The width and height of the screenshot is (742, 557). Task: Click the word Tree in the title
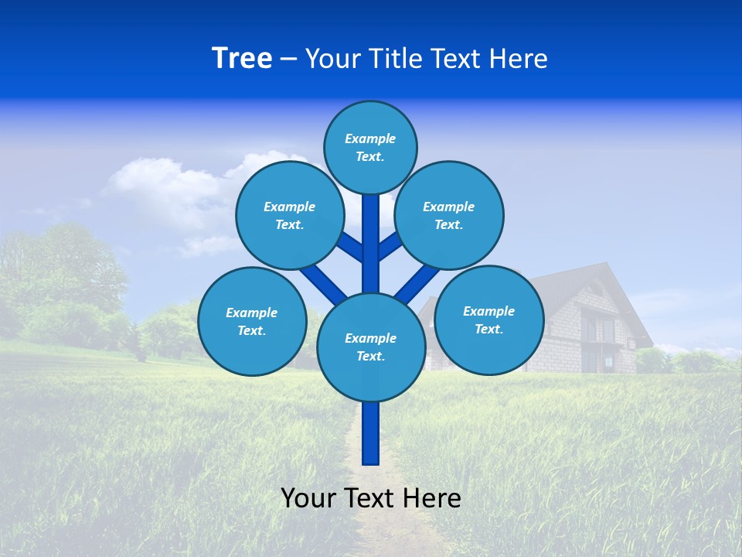[x=242, y=59]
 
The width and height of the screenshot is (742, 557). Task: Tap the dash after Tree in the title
[x=288, y=60]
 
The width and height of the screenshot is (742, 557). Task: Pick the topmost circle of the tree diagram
[x=370, y=147]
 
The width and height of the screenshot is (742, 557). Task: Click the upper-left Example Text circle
[x=289, y=215]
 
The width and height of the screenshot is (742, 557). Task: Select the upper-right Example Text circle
[x=448, y=215]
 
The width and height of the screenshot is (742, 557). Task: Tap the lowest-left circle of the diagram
[x=251, y=321]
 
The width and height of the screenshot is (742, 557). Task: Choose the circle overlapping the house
[x=488, y=319]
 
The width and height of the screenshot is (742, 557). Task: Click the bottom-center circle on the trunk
[x=370, y=347]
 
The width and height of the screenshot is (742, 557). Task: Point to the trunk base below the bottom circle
[x=370, y=433]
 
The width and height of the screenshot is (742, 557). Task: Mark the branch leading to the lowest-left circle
[x=322, y=284]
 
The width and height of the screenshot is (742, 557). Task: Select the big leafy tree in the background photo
[x=62, y=271]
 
